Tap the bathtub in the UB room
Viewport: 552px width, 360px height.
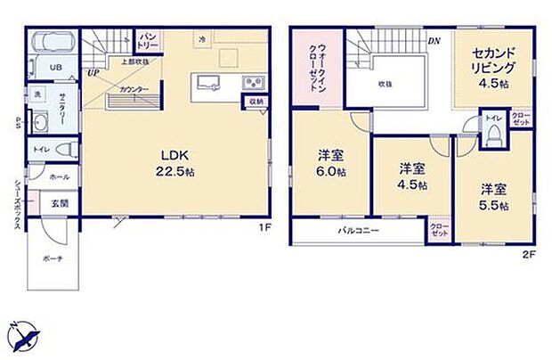click(53, 44)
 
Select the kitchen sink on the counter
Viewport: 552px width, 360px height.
click(210, 86)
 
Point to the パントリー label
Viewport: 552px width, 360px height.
click(147, 41)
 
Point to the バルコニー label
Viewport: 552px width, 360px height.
click(358, 231)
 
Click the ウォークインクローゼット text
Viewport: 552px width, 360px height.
click(316, 61)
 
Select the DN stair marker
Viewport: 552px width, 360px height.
click(434, 41)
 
